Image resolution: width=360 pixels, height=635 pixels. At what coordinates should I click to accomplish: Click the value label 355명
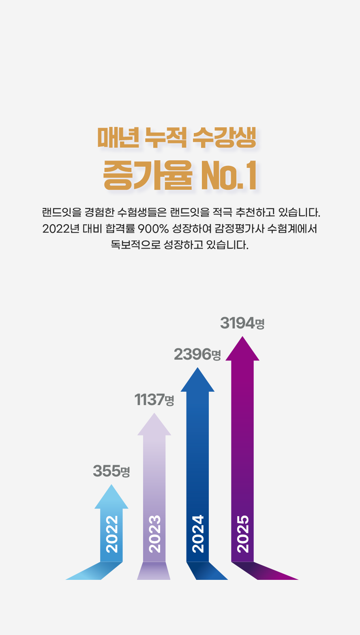pos(111,471)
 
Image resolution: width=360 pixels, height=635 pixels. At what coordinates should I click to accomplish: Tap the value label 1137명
pos(154,400)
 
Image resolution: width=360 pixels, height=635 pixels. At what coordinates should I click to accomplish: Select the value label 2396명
pos(197,354)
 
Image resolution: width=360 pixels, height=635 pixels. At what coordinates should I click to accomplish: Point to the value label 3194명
pos(242,324)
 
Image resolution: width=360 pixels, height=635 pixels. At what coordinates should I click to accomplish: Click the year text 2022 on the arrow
pos(111,534)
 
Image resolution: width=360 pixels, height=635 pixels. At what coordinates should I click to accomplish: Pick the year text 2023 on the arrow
pos(154,534)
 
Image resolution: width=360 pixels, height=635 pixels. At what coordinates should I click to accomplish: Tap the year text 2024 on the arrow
pos(198,534)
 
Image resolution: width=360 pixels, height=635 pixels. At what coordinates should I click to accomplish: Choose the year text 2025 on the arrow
pos(242,534)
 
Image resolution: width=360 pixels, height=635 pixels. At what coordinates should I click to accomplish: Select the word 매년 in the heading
pos(118,138)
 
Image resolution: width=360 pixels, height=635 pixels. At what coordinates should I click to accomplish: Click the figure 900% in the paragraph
pos(153,229)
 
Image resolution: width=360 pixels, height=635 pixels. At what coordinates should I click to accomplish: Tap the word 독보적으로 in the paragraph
pos(136,245)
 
